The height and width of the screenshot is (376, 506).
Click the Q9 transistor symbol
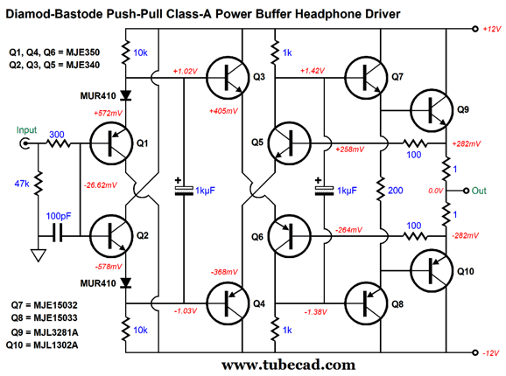pyautogui.click(x=432, y=110)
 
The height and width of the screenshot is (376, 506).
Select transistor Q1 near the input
pyautogui.click(x=111, y=143)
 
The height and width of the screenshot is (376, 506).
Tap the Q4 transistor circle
pyautogui.click(x=228, y=303)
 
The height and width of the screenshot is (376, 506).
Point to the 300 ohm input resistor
pyautogui.click(x=59, y=143)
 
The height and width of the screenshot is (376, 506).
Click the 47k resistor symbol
pyautogui.click(x=38, y=184)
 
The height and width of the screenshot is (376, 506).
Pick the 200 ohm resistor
pyautogui.click(x=381, y=189)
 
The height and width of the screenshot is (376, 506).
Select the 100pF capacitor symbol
pyautogui.click(x=58, y=236)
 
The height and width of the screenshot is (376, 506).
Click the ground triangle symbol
pyautogui.click(x=38, y=255)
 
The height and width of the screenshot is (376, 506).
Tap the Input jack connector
pyautogui.click(x=25, y=143)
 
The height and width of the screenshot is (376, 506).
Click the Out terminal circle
pyautogui.click(x=466, y=191)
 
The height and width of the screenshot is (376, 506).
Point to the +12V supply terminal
pyautogui.click(x=475, y=29)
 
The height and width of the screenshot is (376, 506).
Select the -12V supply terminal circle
pyautogui.click(x=475, y=352)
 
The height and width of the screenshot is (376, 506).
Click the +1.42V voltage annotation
pyautogui.click(x=313, y=71)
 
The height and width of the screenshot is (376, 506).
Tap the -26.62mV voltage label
pyautogui.click(x=101, y=185)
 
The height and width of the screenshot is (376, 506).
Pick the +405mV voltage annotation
pyautogui.click(x=223, y=111)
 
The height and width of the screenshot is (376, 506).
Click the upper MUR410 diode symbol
pyautogui.click(x=125, y=95)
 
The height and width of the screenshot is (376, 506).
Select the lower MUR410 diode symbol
pyautogui.click(x=125, y=282)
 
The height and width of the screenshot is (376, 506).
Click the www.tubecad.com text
pyautogui.click(x=289, y=366)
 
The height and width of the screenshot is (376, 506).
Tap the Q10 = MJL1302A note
pyautogui.click(x=42, y=345)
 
